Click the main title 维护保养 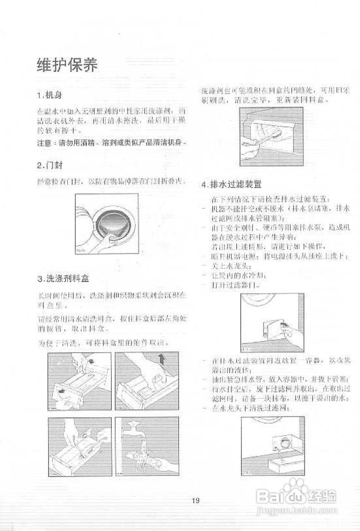(67, 66)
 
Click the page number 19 (196, 501)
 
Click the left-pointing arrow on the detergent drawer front (61, 391)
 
